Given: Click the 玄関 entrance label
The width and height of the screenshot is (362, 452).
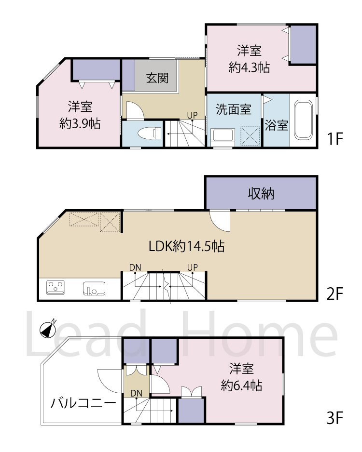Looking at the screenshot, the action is pyautogui.click(x=157, y=78).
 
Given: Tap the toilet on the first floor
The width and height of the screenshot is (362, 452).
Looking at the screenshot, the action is pyautogui.click(x=150, y=133).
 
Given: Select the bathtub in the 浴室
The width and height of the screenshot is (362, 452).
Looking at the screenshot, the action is pyautogui.click(x=304, y=120).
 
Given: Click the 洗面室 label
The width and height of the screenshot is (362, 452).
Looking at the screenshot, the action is pyautogui.click(x=234, y=109).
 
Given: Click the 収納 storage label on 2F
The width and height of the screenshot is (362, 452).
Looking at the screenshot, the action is pyautogui.click(x=261, y=193).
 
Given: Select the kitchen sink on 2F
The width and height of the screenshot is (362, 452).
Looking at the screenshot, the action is pyautogui.click(x=94, y=289).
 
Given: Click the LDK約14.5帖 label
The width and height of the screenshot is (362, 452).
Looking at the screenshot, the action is pyautogui.click(x=186, y=246).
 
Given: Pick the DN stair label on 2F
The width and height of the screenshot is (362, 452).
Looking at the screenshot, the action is pyautogui.click(x=135, y=267).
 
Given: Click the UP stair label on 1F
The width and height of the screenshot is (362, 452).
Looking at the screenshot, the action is pyautogui.click(x=192, y=115).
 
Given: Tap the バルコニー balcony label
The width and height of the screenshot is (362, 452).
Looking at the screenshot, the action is pyautogui.click(x=83, y=402).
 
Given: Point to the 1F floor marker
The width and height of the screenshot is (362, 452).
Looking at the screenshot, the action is pyautogui.click(x=335, y=139).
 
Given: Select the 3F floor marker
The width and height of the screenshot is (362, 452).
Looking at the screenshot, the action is pyautogui.click(x=335, y=418).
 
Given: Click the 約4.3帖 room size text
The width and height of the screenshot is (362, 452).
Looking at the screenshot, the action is pyautogui.click(x=249, y=68).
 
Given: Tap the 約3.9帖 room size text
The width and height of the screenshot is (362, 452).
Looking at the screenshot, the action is pyautogui.click(x=80, y=123).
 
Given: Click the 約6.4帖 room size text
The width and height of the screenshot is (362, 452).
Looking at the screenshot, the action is pyautogui.click(x=241, y=385).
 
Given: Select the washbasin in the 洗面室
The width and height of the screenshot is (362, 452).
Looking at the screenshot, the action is pyautogui.click(x=223, y=136).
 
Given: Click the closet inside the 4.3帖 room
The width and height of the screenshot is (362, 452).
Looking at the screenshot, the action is pyautogui.click(x=303, y=44).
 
